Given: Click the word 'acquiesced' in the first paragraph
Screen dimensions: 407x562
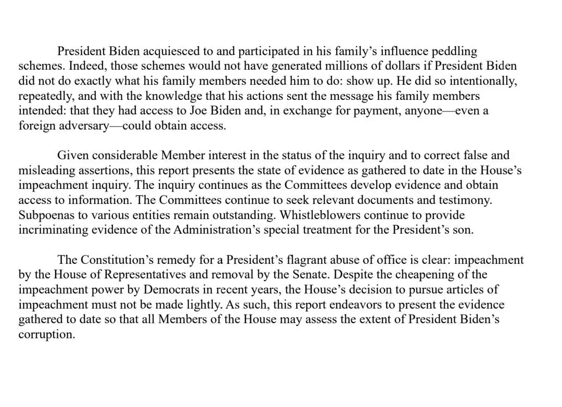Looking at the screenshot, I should click(172, 52).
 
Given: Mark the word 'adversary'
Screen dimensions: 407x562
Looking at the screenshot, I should click(80, 126).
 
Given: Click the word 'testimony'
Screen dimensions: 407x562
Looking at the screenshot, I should click(465, 200).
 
